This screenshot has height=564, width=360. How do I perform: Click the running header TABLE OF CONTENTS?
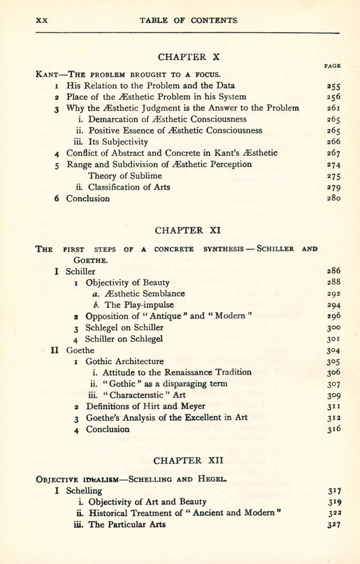click(188, 20)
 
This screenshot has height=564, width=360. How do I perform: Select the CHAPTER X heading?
click(182, 57)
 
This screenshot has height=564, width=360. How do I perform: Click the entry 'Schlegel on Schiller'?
click(124, 327)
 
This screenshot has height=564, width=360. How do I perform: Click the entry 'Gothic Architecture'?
click(124, 361)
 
